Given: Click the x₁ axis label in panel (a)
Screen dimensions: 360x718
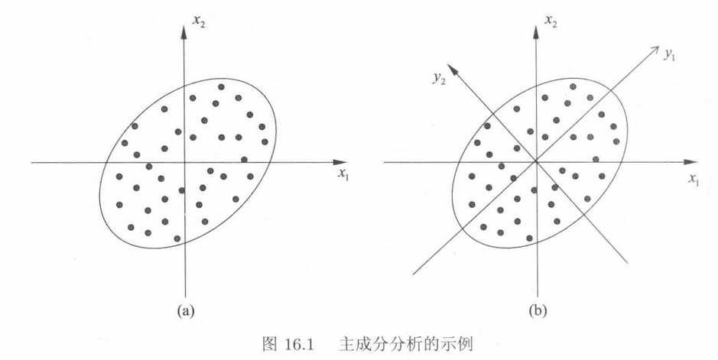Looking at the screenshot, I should point(343,174).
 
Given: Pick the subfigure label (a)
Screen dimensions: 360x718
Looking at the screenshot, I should point(185,310).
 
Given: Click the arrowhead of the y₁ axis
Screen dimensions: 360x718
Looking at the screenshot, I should point(656,49).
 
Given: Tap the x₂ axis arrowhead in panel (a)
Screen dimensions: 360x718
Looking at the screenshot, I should point(184,28).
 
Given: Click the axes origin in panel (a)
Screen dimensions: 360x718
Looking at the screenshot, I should point(184,162).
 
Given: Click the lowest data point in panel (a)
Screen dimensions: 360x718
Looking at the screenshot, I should point(177,238).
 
